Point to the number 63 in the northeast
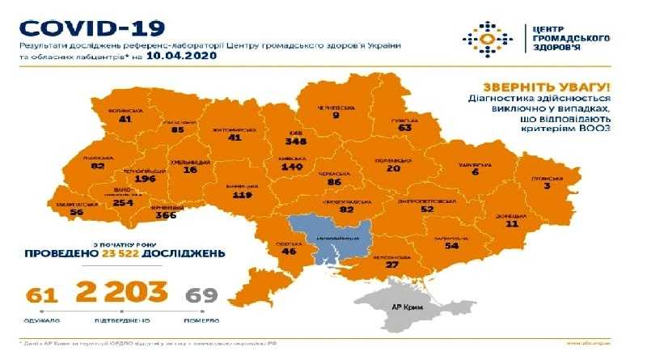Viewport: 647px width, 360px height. [404, 126]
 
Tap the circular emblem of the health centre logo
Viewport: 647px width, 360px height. [487, 38]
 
